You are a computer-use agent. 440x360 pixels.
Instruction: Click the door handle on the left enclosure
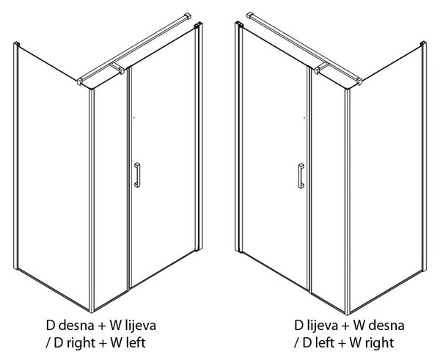(x=137, y=175)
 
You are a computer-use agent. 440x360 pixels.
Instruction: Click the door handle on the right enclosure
(x=301, y=176)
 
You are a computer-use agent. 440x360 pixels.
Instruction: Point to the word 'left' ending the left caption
(x=135, y=342)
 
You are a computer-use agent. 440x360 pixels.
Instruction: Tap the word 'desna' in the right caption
(x=386, y=326)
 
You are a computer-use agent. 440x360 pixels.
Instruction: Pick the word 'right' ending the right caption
(x=380, y=343)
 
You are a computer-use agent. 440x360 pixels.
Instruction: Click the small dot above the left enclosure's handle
(x=134, y=118)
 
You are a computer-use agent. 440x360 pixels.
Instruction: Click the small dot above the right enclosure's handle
(x=304, y=118)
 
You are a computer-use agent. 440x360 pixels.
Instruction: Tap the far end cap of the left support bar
(x=188, y=15)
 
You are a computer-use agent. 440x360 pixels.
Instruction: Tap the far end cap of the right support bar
(x=250, y=15)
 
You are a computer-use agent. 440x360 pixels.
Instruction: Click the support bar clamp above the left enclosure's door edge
(x=117, y=68)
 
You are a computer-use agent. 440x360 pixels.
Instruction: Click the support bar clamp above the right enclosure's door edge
(x=321, y=68)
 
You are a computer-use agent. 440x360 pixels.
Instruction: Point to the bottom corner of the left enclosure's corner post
(x=92, y=312)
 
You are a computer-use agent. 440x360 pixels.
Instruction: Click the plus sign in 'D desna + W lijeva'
(x=102, y=326)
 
